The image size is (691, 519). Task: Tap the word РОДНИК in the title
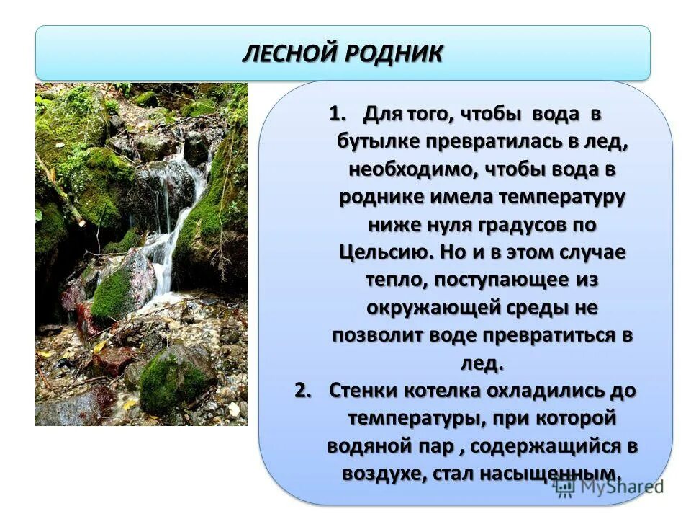tap(396, 54)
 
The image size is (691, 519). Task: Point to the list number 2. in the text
tap(304, 390)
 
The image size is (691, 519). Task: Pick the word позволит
tap(377, 335)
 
